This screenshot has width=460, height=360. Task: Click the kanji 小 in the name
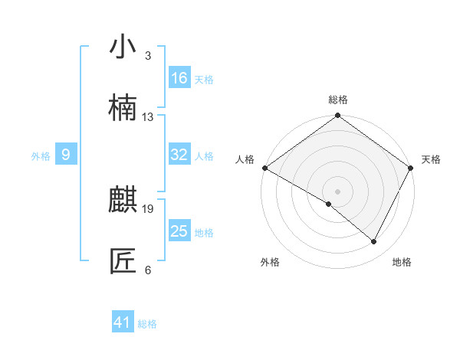(x=123, y=47)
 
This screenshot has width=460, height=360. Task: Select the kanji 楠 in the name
(x=123, y=108)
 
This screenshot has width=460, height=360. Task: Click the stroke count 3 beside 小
(x=148, y=56)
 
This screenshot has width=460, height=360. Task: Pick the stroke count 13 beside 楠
(x=148, y=117)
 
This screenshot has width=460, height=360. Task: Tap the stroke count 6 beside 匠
(x=148, y=270)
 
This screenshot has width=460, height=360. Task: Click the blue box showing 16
(x=179, y=78)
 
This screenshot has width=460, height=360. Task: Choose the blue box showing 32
(x=179, y=155)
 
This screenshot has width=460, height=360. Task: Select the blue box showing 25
(x=179, y=231)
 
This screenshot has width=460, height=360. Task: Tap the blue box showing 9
(x=66, y=155)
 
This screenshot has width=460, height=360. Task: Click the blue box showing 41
(x=123, y=322)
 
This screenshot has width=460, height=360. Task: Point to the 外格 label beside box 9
(x=41, y=156)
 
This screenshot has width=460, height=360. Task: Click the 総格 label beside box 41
(x=147, y=324)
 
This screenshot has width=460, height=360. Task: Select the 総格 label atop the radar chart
(x=338, y=100)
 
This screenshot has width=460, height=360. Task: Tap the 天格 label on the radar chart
(x=431, y=159)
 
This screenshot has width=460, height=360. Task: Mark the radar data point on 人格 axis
(x=264, y=168)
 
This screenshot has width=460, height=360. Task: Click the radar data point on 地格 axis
(x=374, y=241)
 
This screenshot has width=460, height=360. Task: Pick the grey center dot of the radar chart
(x=338, y=191)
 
